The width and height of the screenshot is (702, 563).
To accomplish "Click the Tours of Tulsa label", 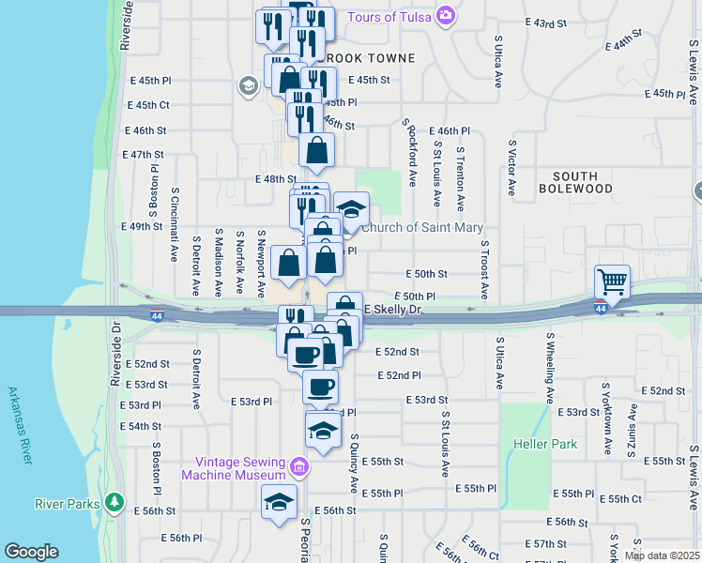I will click(389, 17).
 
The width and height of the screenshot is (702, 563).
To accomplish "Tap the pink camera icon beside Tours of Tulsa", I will click(445, 16).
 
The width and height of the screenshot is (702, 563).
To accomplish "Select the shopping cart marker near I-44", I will click(612, 281).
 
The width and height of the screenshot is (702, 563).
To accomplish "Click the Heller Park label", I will click(545, 444).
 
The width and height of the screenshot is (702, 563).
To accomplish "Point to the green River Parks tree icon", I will click(115, 503).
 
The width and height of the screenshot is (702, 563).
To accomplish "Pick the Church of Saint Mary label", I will click(423, 227).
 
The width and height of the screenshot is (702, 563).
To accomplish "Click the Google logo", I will click(31, 552).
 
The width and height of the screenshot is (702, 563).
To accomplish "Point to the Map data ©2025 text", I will click(662, 555).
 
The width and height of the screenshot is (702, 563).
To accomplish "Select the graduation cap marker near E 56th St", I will click(279, 503).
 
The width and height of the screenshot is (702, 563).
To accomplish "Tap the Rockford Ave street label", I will click(411, 154).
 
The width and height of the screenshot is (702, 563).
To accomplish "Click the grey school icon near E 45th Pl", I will click(249, 86).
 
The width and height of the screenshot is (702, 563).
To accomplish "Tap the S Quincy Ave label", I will click(355, 463).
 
